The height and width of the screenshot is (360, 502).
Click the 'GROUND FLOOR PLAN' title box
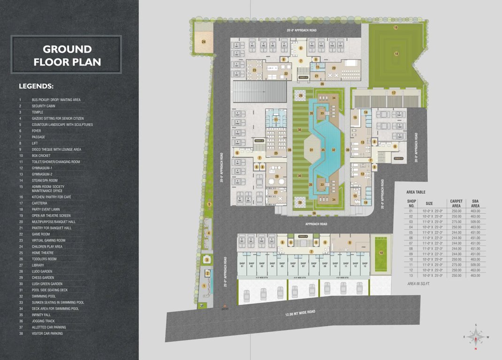(66, 55)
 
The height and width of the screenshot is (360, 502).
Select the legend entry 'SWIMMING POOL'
(44, 296)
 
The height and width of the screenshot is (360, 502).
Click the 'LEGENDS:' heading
(36, 86)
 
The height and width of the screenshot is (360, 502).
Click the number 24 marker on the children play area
(204, 42)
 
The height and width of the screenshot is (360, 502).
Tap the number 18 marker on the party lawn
(396, 54)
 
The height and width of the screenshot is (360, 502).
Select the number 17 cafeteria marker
(394, 93)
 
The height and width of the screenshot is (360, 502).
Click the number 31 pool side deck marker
(311, 150)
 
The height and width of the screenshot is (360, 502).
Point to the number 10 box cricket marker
(381, 253)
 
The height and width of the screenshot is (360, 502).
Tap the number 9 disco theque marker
(350, 242)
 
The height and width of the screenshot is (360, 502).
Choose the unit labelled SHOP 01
(242, 265)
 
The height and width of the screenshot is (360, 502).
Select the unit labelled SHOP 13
(365, 265)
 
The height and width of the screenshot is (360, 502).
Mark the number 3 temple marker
(206, 260)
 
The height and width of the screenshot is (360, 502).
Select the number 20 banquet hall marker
(334, 68)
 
